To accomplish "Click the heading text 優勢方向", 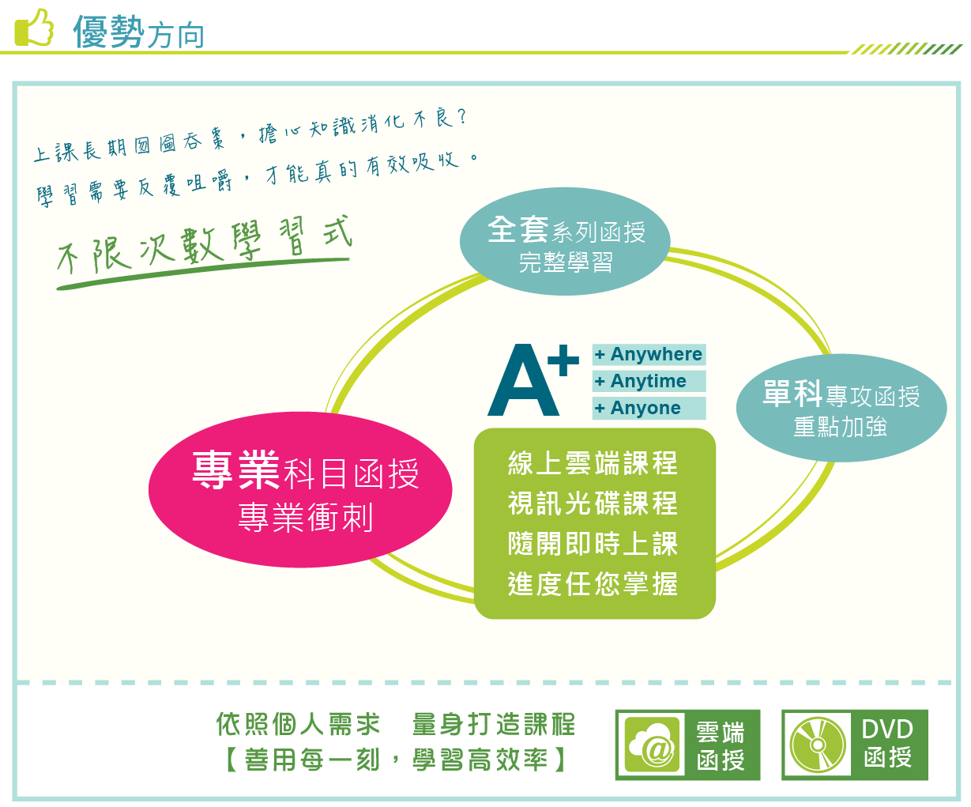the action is [138, 32].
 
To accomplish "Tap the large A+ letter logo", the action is [533, 379].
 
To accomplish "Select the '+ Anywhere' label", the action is [649, 354].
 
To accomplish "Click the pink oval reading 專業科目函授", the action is [300, 489].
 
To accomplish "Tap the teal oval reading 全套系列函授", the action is [565, 242].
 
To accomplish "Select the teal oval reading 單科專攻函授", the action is [841, 408].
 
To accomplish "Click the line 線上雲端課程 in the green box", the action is [593, 463].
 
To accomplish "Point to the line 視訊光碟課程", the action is [593, 503].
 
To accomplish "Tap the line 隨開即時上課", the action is [593, 544].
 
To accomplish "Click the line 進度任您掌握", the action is [593, 583].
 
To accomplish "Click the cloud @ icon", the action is [652, 745].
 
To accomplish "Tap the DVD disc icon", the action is [818, 745].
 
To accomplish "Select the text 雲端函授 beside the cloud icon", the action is [721, 745].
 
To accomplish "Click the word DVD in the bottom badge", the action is [887, 730].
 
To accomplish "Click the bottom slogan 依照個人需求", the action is [298, 725].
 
